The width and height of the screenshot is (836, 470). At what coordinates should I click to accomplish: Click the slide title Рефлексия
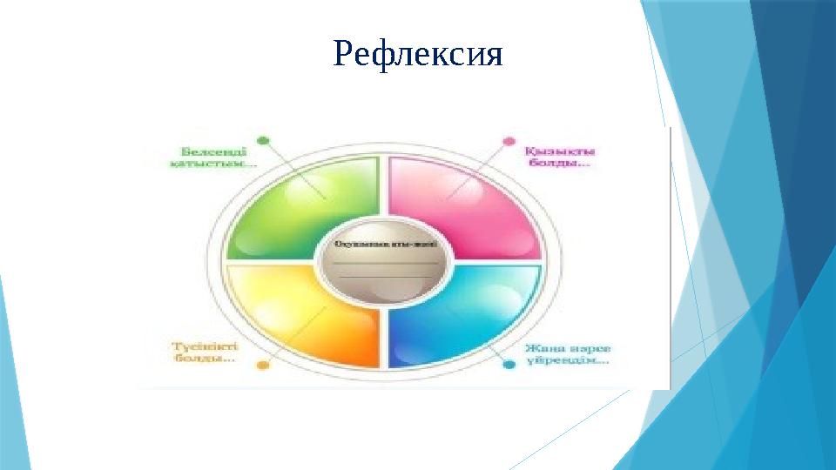click(x=418, y=54)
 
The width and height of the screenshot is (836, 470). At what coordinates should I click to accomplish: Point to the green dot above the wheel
click(x=264, y=139)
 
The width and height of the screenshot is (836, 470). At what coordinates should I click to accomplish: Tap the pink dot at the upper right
click(x=509, y=140)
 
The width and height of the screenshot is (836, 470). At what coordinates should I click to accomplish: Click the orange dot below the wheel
click(x=263, y=366)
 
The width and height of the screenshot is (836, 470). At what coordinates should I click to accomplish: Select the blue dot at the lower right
click(x=509, y=366)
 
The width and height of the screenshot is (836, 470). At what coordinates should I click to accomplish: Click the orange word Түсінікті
click(x=202, y=345)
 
